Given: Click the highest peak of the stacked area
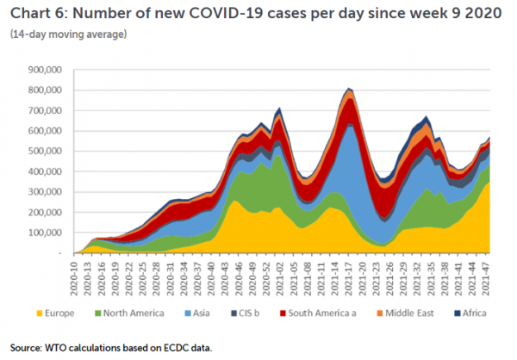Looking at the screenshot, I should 348,88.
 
